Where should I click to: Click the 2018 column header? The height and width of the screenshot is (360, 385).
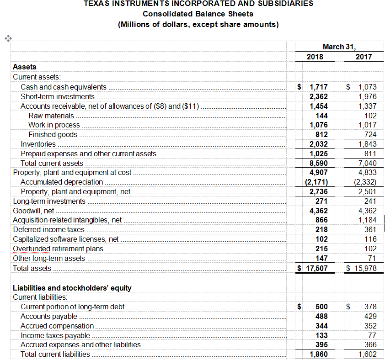(x=315, y=57)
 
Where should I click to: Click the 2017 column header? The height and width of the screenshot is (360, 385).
(x=364, y=57)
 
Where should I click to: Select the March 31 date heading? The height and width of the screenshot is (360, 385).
(x=339, y=47)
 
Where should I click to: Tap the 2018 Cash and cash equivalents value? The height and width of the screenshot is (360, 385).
(x=318, y=87)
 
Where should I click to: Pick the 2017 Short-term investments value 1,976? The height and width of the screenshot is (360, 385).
(x=368, y=96)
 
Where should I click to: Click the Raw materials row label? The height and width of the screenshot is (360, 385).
(x=51, y=116)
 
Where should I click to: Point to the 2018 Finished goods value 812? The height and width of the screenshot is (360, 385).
(x=321, y=134)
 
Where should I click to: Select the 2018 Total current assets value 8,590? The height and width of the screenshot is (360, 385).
(x=318, y=163)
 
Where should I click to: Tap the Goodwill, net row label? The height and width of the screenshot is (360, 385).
(x=33, y=211)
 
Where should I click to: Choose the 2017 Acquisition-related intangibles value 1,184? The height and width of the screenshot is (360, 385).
(x=368, y=220)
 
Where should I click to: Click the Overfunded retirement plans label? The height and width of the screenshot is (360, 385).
(x=58, y=249)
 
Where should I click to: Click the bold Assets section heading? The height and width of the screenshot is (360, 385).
(x=25, y=67)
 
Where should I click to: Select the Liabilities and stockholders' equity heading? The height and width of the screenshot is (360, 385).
(x=72, y=288)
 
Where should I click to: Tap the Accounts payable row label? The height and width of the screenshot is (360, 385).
(x=49, y=316)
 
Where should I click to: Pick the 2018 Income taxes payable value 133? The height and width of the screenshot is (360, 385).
(x=321, y=335)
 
